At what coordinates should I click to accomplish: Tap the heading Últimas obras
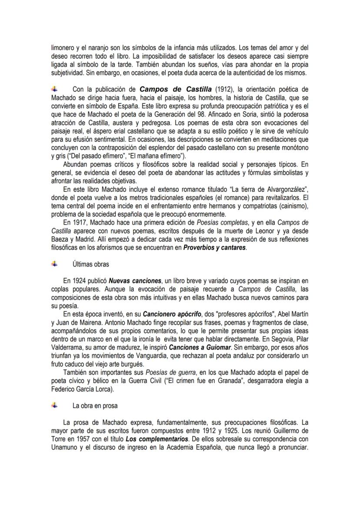coord(90,264)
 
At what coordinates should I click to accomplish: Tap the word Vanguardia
coord(164,356)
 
